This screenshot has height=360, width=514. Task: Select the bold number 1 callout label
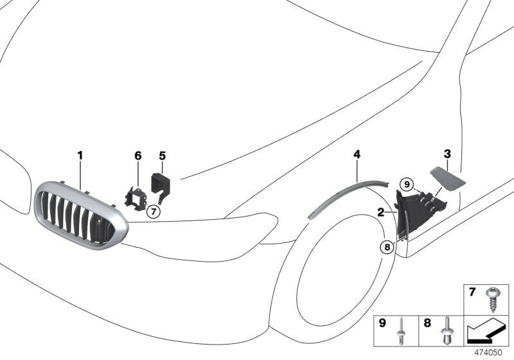click(x=80, y=155)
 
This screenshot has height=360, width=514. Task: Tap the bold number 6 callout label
click(x=138, y=156)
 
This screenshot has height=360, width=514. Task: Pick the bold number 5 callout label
click(x=163, y=156)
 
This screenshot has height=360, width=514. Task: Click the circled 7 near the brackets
click(x=153, y=212)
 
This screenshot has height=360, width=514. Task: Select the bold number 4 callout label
click(x=357, y=154)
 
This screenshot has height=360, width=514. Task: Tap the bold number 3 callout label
click(x=447, y=154)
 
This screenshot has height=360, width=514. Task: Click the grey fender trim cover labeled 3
click(x=447, y=178)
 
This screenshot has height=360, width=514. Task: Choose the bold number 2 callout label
click(x=380, y=212)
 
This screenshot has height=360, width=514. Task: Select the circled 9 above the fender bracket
click(x=407, y=184)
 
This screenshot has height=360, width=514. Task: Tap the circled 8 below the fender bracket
click(x=387, y=247)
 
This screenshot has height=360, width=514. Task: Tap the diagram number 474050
click(x=488, y=353)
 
